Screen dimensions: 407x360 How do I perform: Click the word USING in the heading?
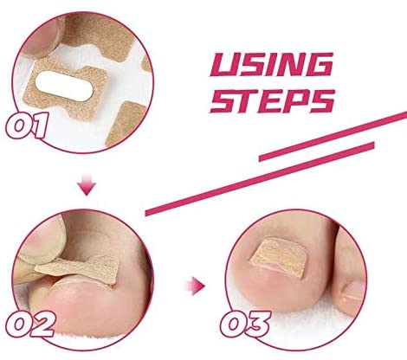pyautogui.click(x=271, y=65)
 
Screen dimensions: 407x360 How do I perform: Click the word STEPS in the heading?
pyautogui.click(x=273, y=101)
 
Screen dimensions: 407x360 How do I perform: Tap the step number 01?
pyautogui.click(x=27, y=126)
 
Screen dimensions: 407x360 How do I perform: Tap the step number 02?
pyautogui.click(x=30, y=324)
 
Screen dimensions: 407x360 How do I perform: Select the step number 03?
pyautogui.click(x=246, y=324)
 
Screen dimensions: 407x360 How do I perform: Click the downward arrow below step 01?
pyautogui.click(x=87, y=184)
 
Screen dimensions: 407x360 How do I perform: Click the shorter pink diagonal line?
pyautogui.click(x=317, y=151)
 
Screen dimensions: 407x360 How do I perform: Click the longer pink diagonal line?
pyautogui.click(x=275, y=164)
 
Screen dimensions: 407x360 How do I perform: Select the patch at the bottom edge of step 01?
pyautogui.click(x=123, y=123)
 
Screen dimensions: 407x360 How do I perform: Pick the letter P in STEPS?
pyautogui.click(x=292, y=101)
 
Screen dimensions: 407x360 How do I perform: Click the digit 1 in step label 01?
pyautogui.click(x=38, y=126)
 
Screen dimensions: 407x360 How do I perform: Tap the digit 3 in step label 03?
pyautogui.click(x=258, y=324)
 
